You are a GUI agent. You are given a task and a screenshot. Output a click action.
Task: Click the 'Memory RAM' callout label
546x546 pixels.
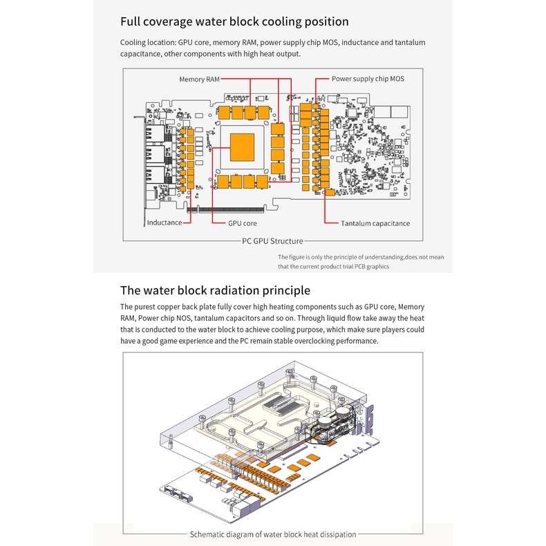199,79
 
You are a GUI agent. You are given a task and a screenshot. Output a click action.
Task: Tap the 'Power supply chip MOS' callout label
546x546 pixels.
368,79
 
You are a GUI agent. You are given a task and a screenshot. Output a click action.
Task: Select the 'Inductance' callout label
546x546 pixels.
164,223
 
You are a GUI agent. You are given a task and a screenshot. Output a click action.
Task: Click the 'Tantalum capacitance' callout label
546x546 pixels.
375,223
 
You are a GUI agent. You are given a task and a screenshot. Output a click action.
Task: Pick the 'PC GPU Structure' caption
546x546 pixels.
272,241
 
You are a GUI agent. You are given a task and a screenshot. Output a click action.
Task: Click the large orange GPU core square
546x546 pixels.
242,144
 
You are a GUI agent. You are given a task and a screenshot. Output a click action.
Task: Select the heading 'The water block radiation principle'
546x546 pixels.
215,290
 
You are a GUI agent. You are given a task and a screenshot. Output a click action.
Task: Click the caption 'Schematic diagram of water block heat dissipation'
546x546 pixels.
273,534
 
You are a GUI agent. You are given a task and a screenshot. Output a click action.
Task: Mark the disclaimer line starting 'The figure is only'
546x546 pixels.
361,257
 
